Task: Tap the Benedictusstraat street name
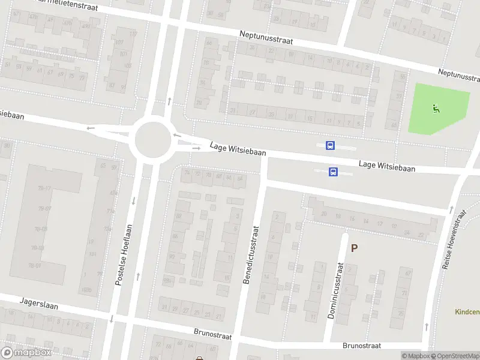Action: [250, 254]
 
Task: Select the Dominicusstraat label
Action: [334, 291]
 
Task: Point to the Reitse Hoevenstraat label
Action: [454, 239]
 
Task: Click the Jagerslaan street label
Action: [38, 305]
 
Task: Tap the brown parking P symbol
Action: [354, 247]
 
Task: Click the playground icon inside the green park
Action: [436, 109]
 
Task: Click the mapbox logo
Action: [26, 353]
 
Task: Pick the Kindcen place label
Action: [467, 313]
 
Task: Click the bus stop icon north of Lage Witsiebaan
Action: [329, 145]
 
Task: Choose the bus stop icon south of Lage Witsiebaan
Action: [333, 172]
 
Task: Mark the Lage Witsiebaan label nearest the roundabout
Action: [238, 150]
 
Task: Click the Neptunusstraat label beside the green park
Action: [459, 75]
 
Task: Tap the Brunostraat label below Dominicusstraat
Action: [362, 346]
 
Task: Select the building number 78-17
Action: [44, 188]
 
